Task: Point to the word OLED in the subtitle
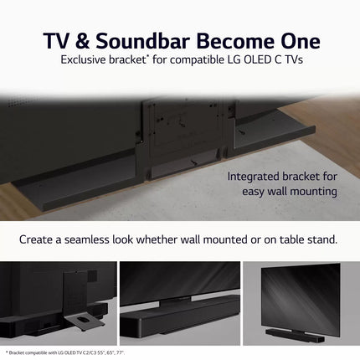point(249,60)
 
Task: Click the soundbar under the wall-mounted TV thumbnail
point(294,332)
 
